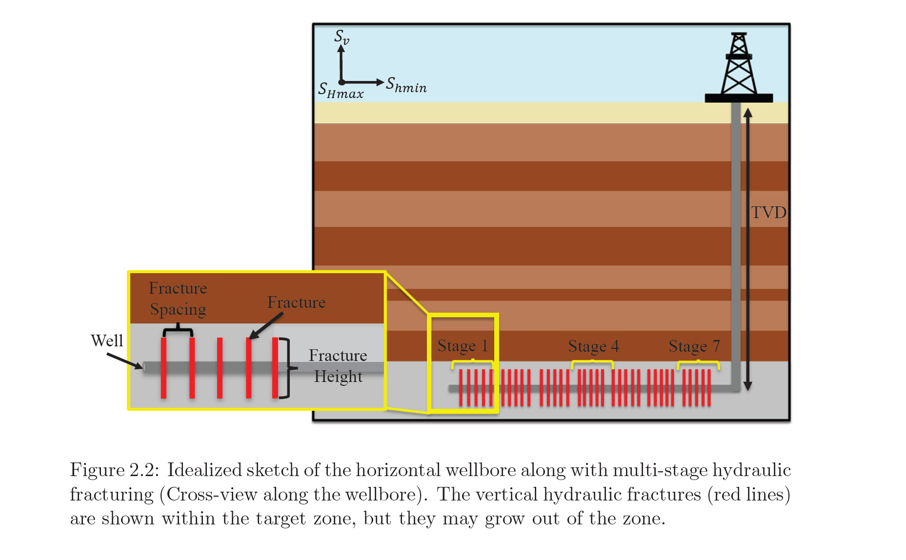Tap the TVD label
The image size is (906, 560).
tap(768, 212)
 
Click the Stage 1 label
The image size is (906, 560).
tap(463, 346)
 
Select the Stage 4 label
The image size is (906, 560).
tap(593, 346)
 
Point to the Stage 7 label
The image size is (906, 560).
tap(694, 346)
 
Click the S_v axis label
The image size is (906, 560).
tap(342, 37)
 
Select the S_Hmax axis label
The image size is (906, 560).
tap(341, 90)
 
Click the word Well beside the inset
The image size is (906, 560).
tap(107, 340)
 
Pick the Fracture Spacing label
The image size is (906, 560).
tap(178, 299)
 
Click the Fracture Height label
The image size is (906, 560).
tap(338, 366)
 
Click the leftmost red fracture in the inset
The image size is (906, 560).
tap(163, 368)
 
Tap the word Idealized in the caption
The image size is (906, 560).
tap(204, 470)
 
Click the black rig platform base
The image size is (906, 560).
tap(739, 98)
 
